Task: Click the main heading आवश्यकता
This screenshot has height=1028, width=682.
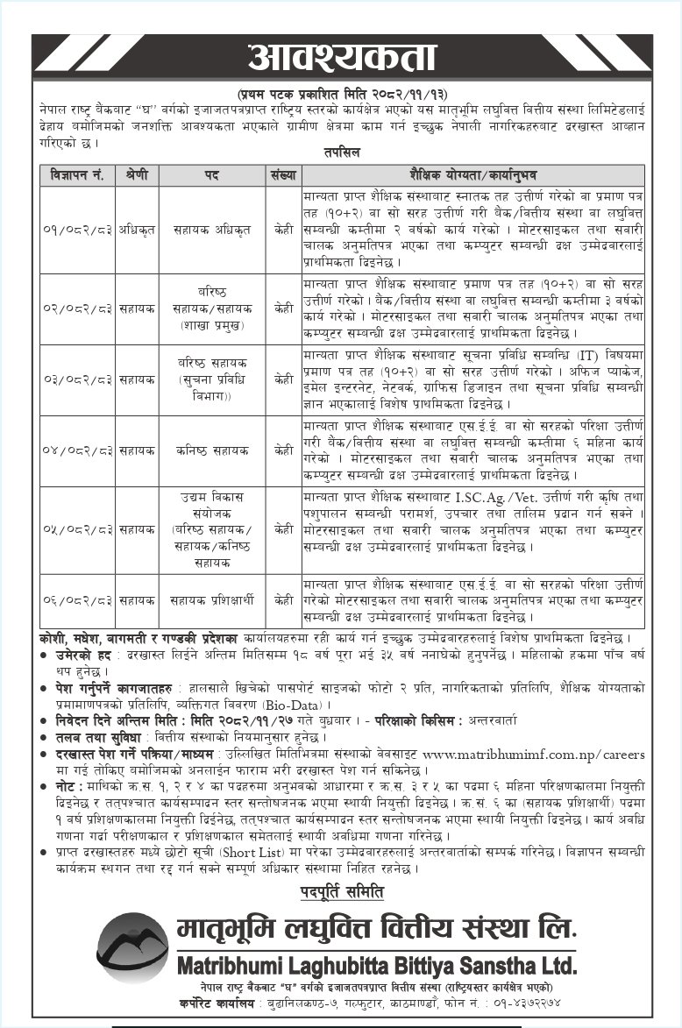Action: point(341,57)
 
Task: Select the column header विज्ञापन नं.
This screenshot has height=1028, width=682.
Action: point(77,175)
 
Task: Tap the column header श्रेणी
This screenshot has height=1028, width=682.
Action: point(137,175)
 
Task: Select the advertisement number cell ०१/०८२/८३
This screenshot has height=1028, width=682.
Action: point(77,230)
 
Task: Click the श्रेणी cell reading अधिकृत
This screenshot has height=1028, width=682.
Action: point(137,230)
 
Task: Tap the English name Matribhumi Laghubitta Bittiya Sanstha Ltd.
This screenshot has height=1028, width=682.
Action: point(377,966)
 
